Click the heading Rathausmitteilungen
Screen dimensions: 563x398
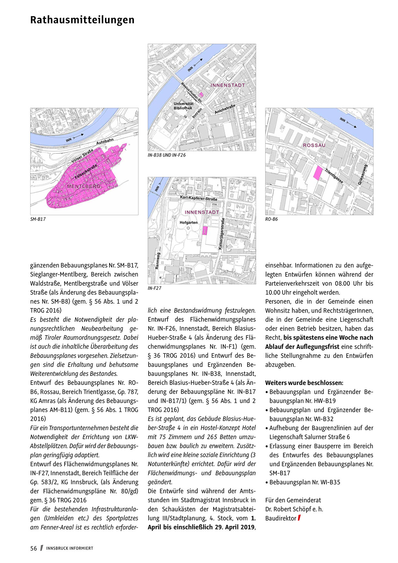tap(82, 20)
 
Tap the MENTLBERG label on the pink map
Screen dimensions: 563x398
tap(84, 186)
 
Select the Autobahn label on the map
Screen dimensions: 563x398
tap(105, 142)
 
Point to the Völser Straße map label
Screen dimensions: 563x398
tap(82, 155)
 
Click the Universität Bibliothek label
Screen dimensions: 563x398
tap(183, 106)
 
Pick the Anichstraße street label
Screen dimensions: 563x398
tap(225, 109)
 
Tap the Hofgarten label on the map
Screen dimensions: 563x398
tap(188, 222)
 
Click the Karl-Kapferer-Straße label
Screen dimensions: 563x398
tap(199, 198)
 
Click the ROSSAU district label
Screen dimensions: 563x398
tap(314, 145)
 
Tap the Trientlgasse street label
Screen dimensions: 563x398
tap(334, 176)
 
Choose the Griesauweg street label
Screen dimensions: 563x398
tap(363, 175)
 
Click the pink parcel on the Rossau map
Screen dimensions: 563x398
tap(318, 173)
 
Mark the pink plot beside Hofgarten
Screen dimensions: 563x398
tap(205, 231)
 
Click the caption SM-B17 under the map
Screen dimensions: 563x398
tap(38, 219)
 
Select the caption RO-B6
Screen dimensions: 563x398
tap(272, 219)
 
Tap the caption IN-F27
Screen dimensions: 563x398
tap(154, 288)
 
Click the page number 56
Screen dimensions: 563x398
tap(34, 549)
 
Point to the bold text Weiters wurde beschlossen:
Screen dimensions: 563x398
tap(304, 383)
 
